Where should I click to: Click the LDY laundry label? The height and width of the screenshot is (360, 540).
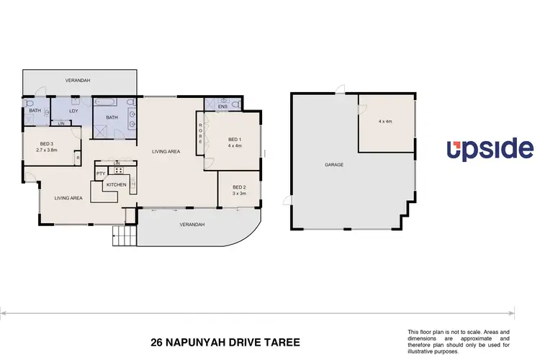73,111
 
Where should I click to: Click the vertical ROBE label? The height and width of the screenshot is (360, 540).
199,134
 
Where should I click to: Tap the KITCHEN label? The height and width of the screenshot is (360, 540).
116,185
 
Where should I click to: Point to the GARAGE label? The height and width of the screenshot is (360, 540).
333,165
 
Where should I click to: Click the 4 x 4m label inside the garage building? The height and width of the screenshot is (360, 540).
387,122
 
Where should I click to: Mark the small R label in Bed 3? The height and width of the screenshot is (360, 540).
77,157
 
